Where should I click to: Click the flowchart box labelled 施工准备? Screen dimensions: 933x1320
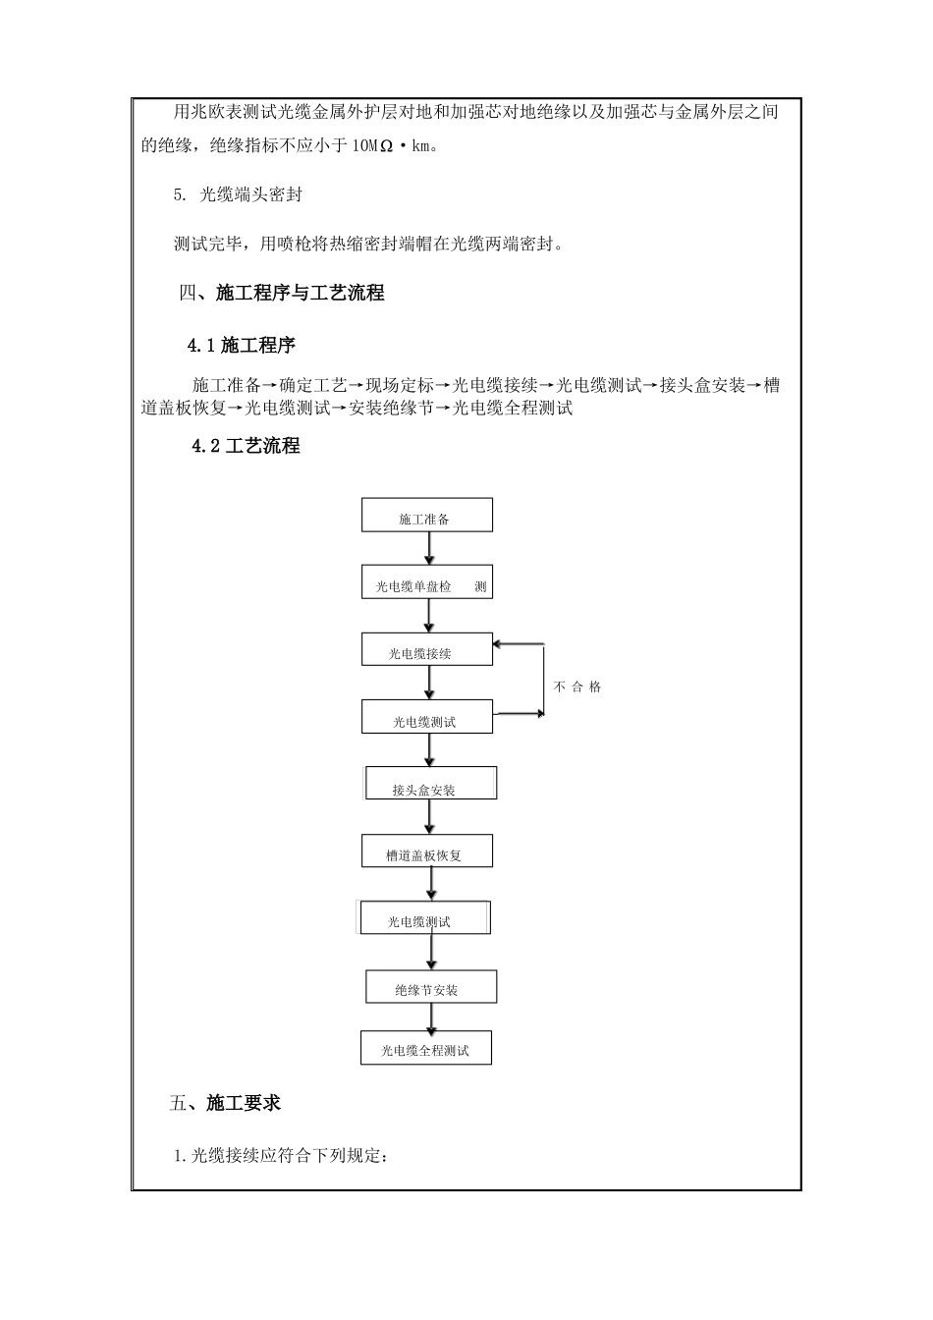click(x=427, y=516)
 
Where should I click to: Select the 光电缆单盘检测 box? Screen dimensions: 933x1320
click(x=427, y=583)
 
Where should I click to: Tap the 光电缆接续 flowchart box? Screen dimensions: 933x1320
click(x=427, y=650)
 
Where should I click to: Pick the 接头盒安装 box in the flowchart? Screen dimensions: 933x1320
click(x=430, y=785)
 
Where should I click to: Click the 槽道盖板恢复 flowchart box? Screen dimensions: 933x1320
click(x=427, y=852)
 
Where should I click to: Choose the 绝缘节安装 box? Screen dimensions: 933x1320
click(x=431, y=987)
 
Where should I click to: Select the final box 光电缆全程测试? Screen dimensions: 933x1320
click(x=427, y=1048)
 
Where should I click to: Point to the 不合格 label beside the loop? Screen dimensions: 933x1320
click(x=577, y=687)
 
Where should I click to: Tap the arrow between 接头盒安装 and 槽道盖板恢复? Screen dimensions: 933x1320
click(x=429, y=818)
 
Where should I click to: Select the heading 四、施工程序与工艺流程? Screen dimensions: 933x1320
click(x=283, y=293)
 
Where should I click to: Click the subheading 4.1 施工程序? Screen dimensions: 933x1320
click(x=242, y=345)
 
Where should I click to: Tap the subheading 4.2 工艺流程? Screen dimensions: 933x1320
click(x=247, y=446)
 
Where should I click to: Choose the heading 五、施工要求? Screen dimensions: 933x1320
click(x=225, y=1103)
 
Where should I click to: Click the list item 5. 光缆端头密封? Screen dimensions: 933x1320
click(x=238, y=194)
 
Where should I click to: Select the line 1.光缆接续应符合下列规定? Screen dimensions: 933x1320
click(x=282, y=1156)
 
